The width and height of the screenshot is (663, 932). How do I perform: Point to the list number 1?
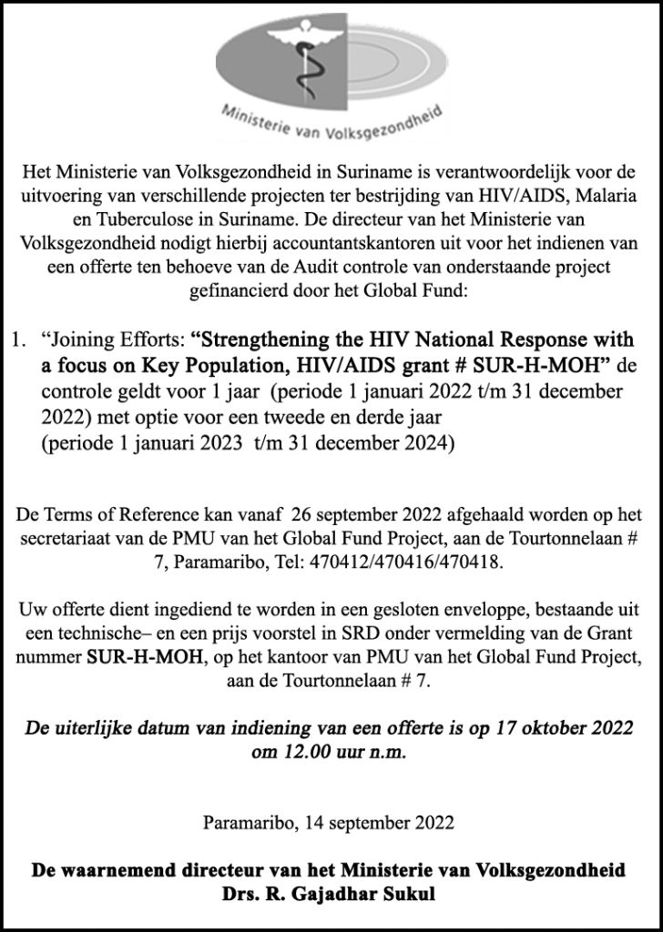click(16, 341)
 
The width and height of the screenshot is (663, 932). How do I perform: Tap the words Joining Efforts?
click(114, 341)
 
